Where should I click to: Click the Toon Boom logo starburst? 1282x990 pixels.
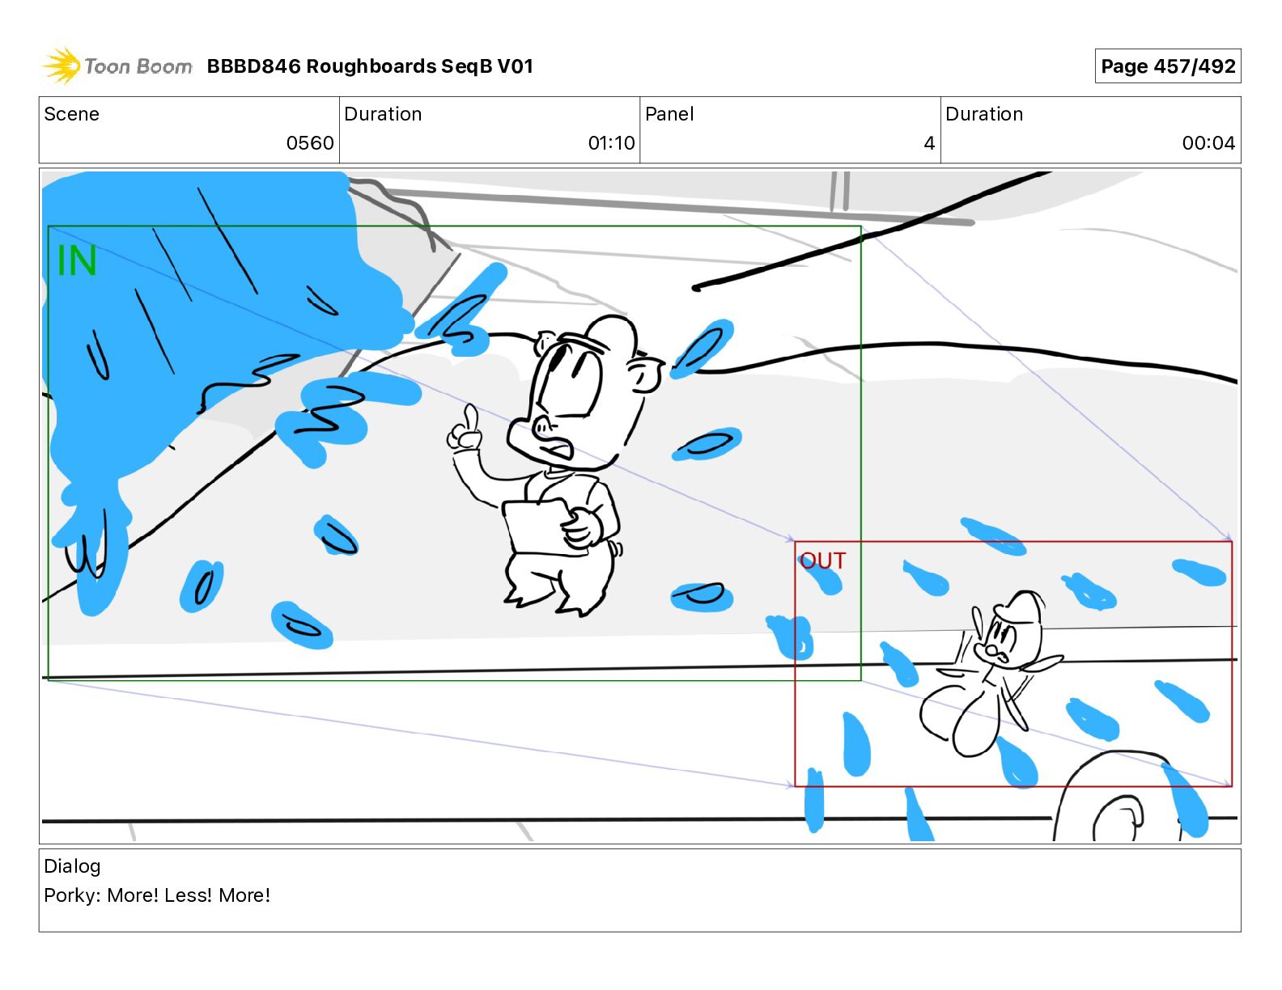point(61,66)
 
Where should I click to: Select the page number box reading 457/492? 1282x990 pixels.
point(1167,66)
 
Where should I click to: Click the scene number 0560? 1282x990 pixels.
point(310,143)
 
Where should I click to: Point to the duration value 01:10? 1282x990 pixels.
point(611,143)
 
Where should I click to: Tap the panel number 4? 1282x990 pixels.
point(929,143)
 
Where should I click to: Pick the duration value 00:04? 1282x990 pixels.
point(1208,143)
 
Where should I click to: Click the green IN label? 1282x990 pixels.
point(77,261)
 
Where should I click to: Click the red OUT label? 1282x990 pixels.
point(823,561)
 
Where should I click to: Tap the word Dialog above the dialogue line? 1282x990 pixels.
point(72,866)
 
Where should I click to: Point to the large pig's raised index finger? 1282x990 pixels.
point(469,417)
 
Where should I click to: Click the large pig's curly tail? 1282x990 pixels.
point(616,550)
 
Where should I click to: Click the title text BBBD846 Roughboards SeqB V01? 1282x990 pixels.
point(370,66)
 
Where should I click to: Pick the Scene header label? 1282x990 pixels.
point(71,114)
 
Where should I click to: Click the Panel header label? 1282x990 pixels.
point(669,114)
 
